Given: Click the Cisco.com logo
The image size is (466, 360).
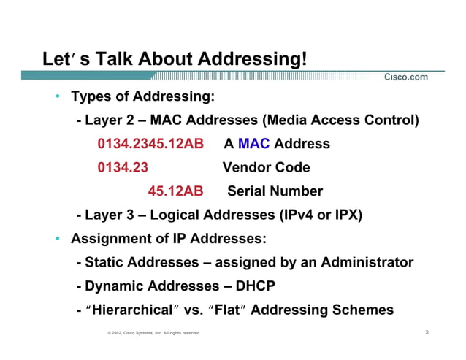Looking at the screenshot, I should tap(405, 77).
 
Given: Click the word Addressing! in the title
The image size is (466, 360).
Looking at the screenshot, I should tap(253, 58).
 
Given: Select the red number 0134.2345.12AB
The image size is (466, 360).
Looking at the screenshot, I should tap(150, 144).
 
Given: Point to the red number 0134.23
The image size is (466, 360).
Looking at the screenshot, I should tap(123, 167).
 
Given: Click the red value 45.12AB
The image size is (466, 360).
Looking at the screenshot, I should tap(175, 191).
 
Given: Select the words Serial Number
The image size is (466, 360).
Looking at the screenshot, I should tap(275, 191).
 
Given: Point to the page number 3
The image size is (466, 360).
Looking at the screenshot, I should tap(426, 332).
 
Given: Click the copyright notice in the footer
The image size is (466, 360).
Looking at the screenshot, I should tap(153, 333).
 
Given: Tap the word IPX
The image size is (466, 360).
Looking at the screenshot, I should tap(347, 215).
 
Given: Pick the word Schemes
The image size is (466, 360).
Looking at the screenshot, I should tap(364, 310).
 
